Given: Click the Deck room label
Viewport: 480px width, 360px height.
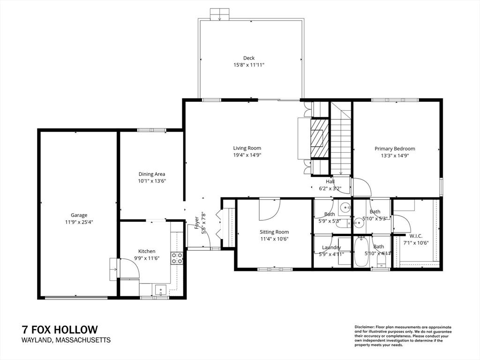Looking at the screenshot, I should [248, 58].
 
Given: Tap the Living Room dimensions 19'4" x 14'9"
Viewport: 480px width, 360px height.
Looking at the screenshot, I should [247, 155].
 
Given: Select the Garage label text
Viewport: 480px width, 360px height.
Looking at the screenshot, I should [79, 215].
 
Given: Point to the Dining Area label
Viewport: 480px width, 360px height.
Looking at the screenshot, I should [151, 174].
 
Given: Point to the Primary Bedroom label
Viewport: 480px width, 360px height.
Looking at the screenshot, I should [395, 149].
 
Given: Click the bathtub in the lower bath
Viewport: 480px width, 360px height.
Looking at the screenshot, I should [361, 252].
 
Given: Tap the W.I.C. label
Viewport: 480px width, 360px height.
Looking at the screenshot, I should [416, 236].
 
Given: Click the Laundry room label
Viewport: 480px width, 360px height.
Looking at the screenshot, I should [331, 247].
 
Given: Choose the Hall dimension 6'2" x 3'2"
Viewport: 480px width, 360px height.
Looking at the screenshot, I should [330, 188].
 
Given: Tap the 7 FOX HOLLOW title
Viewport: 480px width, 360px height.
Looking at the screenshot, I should [60, 330].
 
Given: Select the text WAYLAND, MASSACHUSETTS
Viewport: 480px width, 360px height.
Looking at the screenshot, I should [66, 340].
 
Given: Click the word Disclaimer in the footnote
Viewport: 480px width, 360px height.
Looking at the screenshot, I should [363, 327].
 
